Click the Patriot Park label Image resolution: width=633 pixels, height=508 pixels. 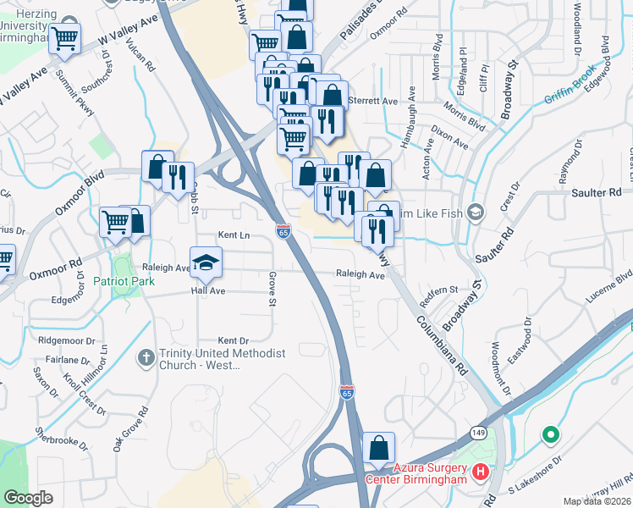pos(124,281)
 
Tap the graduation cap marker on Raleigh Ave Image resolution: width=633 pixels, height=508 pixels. pos(205,263)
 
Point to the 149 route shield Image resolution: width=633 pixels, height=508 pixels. pos(479,432)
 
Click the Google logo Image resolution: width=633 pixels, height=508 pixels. pos(29,499)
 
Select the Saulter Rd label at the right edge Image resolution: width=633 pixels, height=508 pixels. pos(602,193)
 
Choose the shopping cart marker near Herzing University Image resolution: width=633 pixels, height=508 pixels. pos(64,39)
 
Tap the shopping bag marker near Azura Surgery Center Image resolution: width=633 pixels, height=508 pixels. pos(379,449)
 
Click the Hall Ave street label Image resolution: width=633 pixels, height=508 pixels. pos(207,290)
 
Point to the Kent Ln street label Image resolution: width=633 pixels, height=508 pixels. pos(234,235)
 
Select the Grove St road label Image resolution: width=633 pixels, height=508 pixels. pos(272,289)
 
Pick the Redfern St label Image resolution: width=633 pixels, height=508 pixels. pos(439,291)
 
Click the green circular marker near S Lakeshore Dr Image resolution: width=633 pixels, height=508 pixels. pos(550,435)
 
